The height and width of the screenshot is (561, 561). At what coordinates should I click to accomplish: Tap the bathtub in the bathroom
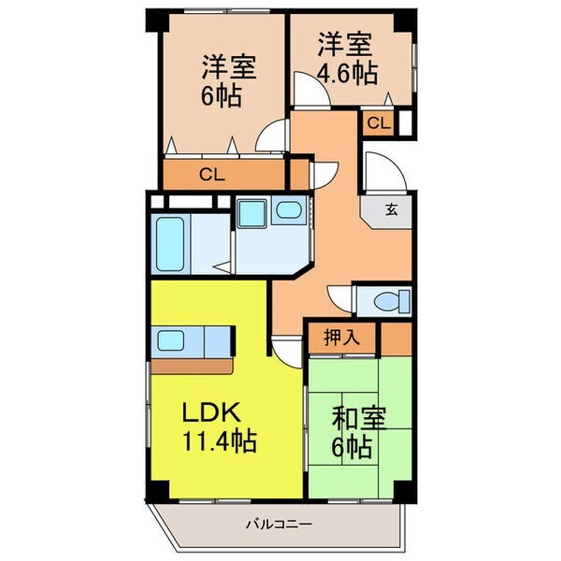point(170,244)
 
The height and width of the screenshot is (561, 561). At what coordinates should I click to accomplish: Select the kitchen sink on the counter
point(171,340)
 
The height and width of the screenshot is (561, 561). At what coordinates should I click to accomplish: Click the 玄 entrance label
point(392,209)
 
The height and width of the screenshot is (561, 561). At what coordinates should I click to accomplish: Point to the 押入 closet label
point(341,337)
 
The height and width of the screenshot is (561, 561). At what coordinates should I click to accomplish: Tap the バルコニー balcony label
point(279,525)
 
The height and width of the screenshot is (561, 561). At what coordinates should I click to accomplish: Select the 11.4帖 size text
point(220,441)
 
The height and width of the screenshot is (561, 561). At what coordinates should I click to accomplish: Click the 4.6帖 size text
point(348,74)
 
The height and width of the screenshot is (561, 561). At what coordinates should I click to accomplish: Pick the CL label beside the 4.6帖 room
point(378,123)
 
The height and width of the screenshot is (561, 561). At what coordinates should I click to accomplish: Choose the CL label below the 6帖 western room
point(212,176)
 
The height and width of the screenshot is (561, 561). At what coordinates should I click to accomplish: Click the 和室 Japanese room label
point(359,419)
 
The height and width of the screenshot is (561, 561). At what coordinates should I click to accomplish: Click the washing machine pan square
point(252,213)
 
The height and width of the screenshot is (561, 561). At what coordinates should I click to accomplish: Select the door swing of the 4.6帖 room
point(311,89)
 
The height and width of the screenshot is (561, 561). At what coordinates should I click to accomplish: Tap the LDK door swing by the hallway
point(287,352)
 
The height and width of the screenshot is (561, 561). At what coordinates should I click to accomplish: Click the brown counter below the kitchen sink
point(192,367)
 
